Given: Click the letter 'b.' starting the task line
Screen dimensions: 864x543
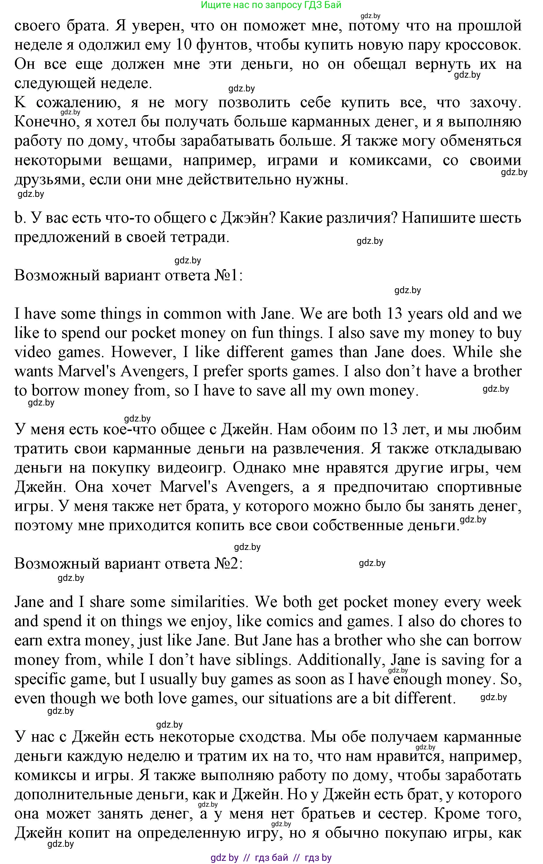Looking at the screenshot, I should tap(19, 218).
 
